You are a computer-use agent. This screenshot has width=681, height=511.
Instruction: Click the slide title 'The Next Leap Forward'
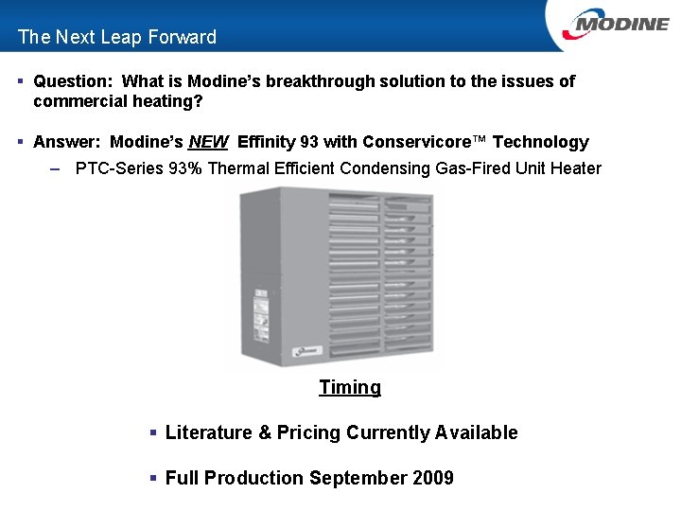pyautogui.click(x=116, y=37)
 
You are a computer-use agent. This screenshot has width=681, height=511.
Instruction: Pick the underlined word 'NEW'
pyautogui.click(x=208, y=142)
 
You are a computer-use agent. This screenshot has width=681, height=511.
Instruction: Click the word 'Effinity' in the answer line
pyautogui.click(x=268, y=142)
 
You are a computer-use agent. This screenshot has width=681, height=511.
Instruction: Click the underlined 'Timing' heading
pyautogui.click(x=350, y=387)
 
